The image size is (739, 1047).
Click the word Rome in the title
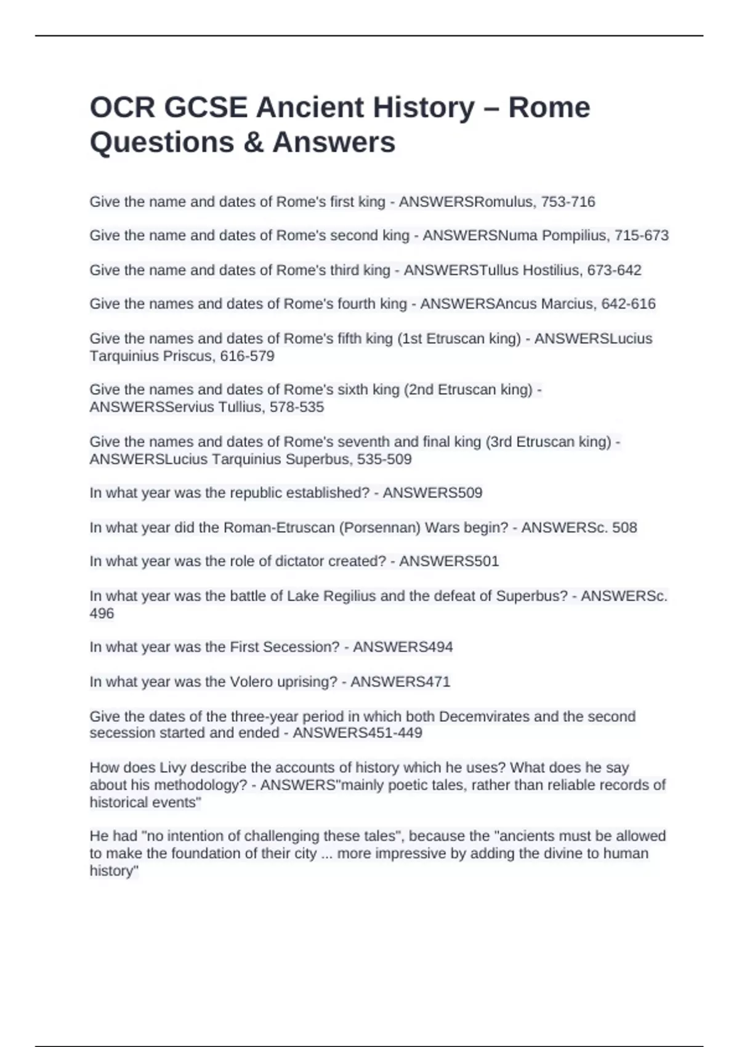[x=549, y=108]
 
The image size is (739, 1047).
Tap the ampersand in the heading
[x=253, y=142]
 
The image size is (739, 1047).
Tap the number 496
[x=102, y=613]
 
